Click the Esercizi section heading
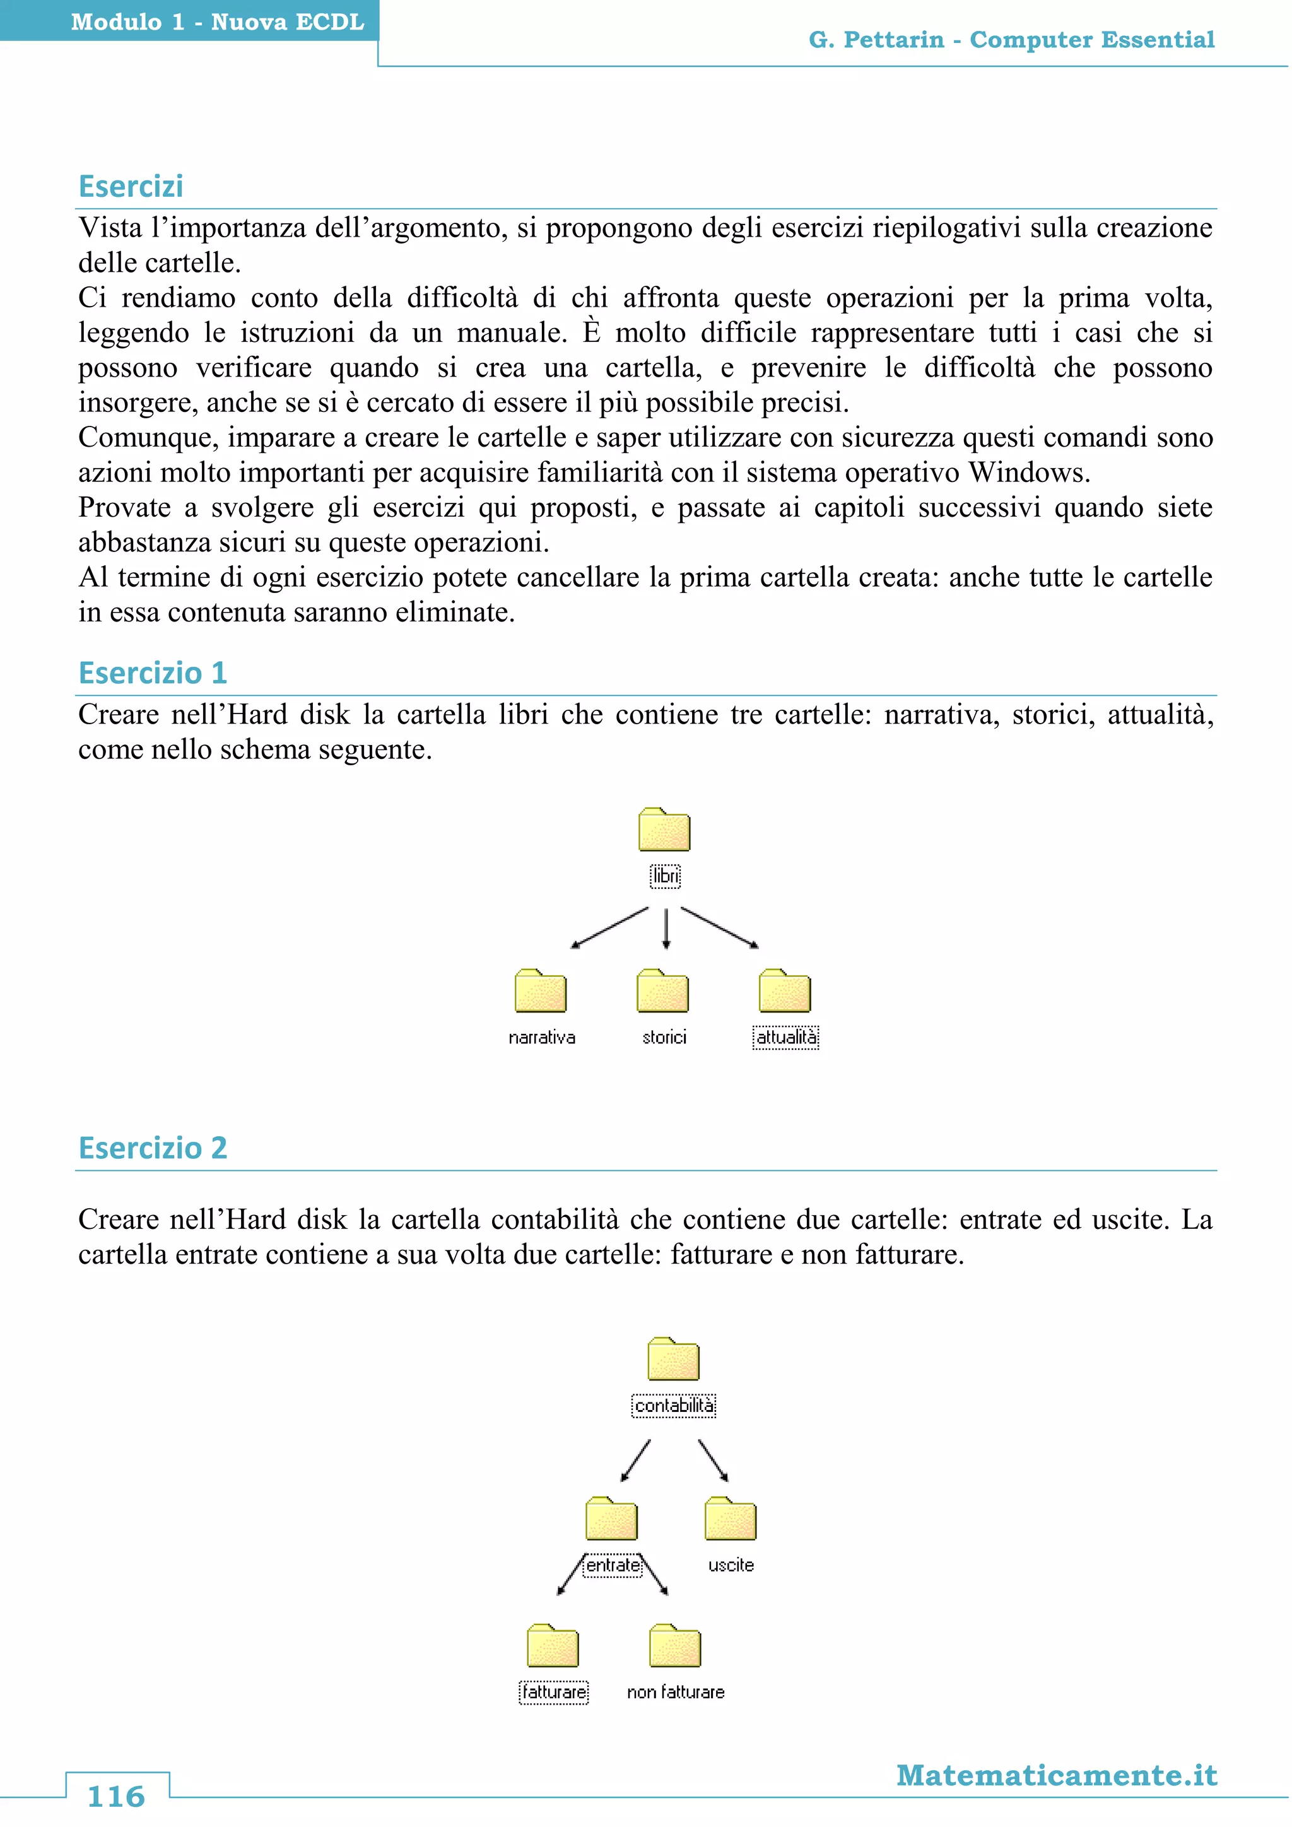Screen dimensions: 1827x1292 tap(131, 186)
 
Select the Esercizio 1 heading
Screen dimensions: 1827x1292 tap(153, 673)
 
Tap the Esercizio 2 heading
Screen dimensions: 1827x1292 tap(153, 1148)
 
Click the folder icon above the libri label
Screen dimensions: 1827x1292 tap(664, 830)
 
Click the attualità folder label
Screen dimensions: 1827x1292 tap(786, 1037)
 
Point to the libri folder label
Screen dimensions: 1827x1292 tap(665, 876)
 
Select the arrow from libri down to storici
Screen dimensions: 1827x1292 tap(666, 928)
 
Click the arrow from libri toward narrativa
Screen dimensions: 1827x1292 tap(609, 928)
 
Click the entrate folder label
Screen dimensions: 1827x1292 tap(613, 1565)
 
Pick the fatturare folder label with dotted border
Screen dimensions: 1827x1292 tap(554, 1692)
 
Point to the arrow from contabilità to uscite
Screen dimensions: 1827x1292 tap(713, 1460)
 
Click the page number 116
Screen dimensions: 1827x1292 tap(116, 1797)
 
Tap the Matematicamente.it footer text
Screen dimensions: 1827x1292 tap(1057, 1775)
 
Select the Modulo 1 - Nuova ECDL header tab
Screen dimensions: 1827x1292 tap(217, 21)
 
